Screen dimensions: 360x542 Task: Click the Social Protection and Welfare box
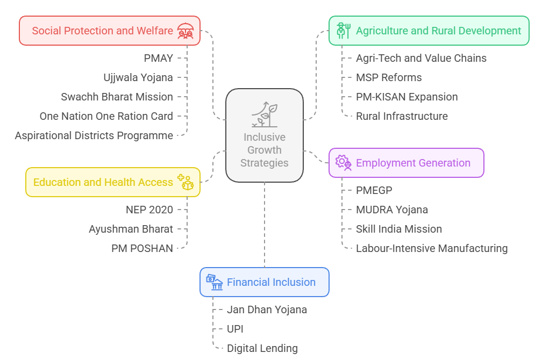(110, 31)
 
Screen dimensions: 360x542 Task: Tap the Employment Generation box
(406, 163)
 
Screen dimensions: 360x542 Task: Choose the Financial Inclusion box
(264, 282)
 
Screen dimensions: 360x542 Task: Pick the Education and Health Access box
(113, 182)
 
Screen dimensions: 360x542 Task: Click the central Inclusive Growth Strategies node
(264, 135)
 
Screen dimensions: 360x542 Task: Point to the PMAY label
(158, 58)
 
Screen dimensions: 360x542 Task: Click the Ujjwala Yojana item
(138, 77)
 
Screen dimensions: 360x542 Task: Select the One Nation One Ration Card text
(106, 116)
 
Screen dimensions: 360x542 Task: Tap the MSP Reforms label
(389, 77)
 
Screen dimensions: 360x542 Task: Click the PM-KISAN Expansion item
(406, 97)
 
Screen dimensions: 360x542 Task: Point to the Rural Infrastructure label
(402, 116)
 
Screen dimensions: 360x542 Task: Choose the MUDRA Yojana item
(392, 210)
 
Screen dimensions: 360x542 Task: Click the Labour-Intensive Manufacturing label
(432, 248)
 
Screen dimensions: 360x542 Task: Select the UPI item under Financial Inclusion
(235, 329)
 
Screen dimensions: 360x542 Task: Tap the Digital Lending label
(262, 348)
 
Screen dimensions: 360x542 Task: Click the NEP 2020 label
(149, 210)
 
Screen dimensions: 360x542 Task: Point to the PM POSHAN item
(142, 248)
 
